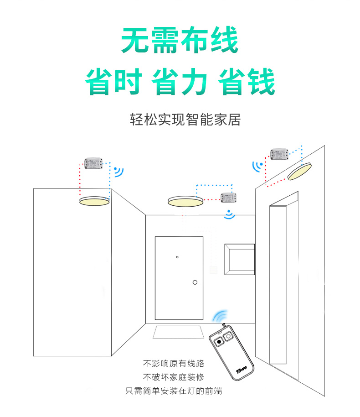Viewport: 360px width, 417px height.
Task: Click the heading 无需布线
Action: coord(180,41)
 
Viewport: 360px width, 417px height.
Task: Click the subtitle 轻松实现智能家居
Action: coord(185,120)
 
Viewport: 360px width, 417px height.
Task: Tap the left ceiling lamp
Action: coord(94,201)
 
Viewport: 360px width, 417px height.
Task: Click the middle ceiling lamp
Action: coord(185,201)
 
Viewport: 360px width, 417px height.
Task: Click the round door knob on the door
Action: coord(195,282)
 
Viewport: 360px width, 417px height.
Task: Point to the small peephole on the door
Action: coord(177,257)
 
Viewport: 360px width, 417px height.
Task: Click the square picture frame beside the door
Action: coord(239,259)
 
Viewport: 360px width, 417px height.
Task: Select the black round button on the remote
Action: coord(219,341)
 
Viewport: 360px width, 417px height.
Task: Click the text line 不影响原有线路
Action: coord(174,364)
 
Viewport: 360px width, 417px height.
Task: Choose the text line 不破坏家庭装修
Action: coord(174,377)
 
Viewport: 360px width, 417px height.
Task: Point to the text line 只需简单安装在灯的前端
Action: coord(174,391)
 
